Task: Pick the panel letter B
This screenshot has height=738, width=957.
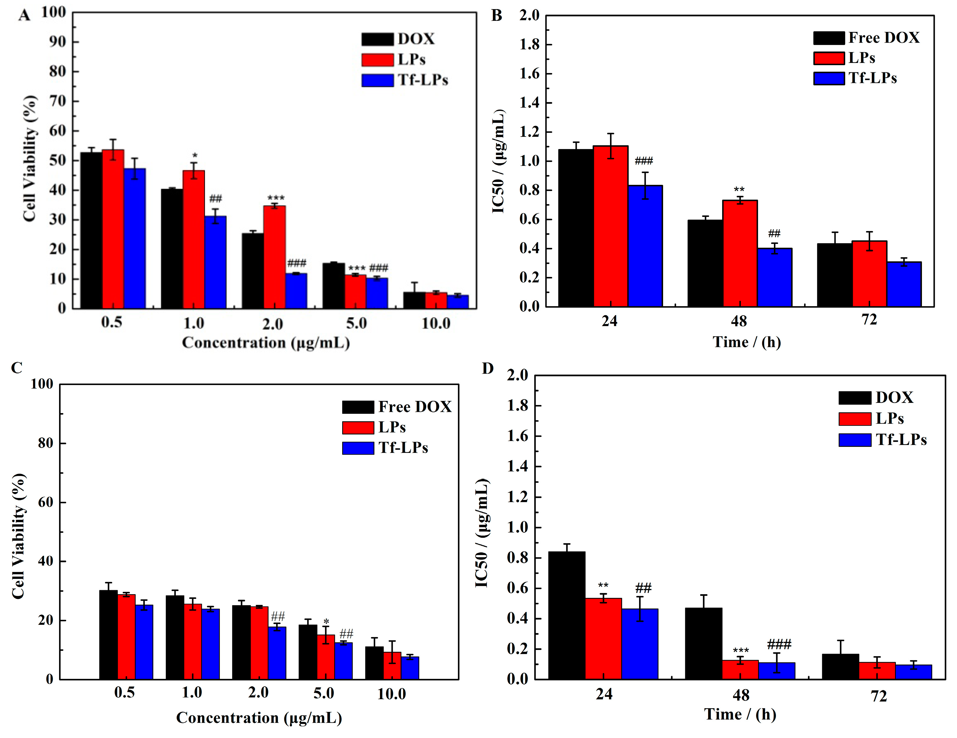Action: click(496, 16)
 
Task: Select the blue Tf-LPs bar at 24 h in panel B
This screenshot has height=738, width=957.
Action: click(645, 246)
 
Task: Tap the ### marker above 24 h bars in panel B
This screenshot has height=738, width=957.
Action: click(644, 161)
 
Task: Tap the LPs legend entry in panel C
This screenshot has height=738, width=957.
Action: click(392, 427)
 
